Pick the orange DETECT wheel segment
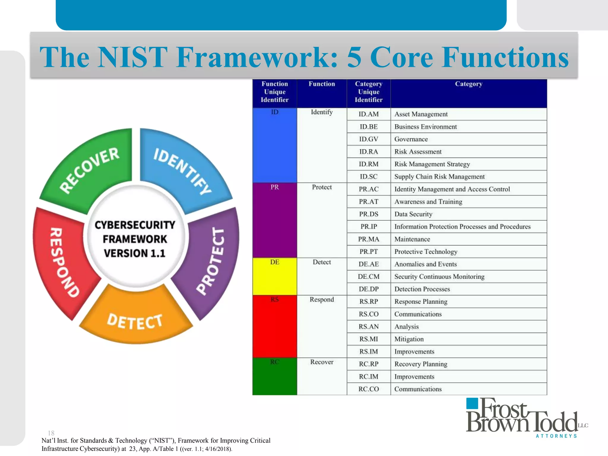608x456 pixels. pos(135,321)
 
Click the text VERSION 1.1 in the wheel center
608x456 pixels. pos(134,253)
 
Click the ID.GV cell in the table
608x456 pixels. pos(368,139)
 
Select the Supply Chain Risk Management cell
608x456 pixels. pos(439,177)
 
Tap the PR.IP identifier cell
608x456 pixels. pos(368,227)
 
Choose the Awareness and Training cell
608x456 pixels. pos(428,202)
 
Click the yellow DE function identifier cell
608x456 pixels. pos(275,276)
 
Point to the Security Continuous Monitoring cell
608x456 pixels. pos(439,277)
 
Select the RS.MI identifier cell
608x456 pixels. pos(368,339)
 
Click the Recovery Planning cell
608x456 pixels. pos(421,364)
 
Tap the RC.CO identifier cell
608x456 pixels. pos(368,389)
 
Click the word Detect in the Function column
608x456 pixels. pos(322,262)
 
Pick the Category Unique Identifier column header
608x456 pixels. pos(368,92)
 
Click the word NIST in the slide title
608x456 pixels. pos(132,57)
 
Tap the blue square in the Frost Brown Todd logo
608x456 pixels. pos(472,404)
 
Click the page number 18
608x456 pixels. pos(51,433)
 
